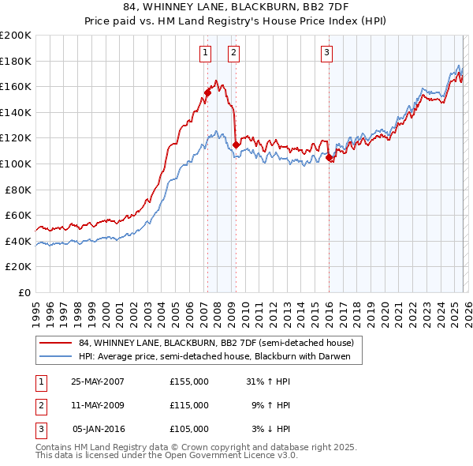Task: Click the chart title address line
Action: pyautogui.click(x=236, y=7)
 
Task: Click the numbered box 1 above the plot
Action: pyautogui.click(x=205, y=53)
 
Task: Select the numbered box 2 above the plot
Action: pyautogui.click(x=234, y=53)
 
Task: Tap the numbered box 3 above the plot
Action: pyautogui.click(x=326, y=53)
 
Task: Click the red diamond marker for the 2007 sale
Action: pyautogui.click(x=207, y=92)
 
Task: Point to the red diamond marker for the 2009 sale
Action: pyautogui.click(x=236, y=145)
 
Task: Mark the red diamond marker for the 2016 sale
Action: pyautogui.click(x=329, y=158)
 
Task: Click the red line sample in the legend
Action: pyautogui.click(x=56, y=343)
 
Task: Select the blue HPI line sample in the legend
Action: pyautogui.click(x=56, y=356)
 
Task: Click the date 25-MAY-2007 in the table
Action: pyautogui.click(x=97, y=381)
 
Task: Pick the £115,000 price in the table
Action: pyautogui.click(x=189, y=405)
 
